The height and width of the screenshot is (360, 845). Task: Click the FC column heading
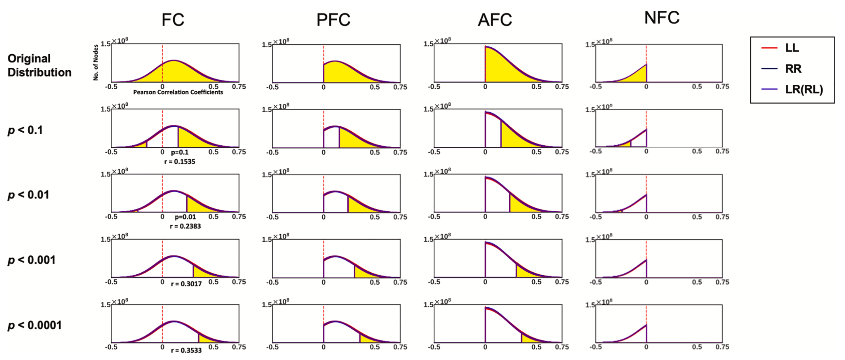[173, 20]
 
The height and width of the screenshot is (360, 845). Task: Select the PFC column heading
[333, 20]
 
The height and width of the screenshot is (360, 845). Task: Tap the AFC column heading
[495, 20]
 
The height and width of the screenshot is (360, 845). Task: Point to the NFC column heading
[662, 18]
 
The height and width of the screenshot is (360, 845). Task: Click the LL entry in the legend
[792, 48]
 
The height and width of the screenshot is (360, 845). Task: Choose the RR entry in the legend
[793, 69]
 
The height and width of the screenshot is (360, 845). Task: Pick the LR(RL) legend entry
[804, 90]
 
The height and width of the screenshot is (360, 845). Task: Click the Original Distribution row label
[40, 65]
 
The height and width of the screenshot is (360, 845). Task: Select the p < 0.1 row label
[25, 130]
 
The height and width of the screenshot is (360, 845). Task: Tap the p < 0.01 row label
[28, 195]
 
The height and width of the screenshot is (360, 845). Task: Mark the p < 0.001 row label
[31, 260]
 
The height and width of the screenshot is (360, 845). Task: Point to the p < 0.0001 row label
[34, 325]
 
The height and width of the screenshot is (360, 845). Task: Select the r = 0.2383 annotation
[185, 226]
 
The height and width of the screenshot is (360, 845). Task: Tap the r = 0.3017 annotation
[186, 284]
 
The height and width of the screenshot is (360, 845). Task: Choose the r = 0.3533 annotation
[186, 350]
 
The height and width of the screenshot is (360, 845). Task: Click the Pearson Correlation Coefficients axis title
[178, 92]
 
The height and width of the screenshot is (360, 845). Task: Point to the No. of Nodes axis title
[96, 62]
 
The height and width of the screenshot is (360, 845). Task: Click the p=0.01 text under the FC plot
[185, 217]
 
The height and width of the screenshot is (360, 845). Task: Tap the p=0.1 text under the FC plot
[180, 152]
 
